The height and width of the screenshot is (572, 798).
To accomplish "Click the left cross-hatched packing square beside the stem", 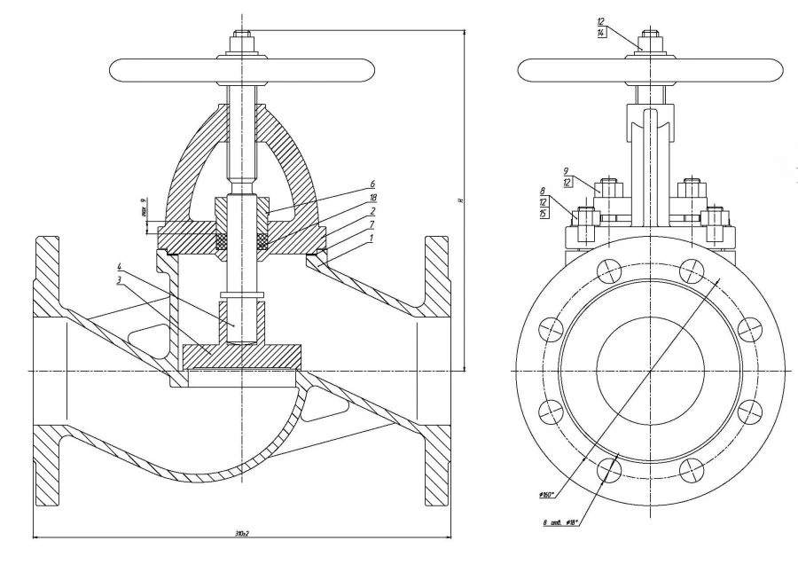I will pyautogui.click(x=222, y=240).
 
